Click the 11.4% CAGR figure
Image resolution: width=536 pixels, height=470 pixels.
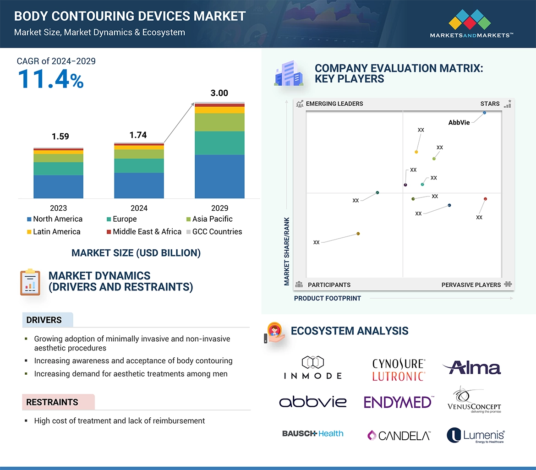point(50,79)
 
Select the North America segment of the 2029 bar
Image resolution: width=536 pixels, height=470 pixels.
point(219,176)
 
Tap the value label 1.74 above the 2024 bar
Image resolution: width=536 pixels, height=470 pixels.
point(138,135)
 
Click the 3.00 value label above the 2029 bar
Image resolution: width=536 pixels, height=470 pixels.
point(219,93)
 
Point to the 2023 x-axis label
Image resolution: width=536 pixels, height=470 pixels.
point(58,208)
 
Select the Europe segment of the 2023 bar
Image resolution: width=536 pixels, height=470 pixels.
point(58,169)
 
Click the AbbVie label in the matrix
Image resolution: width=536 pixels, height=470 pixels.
point(459,122)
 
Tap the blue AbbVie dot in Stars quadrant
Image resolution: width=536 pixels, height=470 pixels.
point(484,113)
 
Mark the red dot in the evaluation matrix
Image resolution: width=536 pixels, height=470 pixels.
point(485,199)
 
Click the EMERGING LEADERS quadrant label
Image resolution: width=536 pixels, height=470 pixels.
point(334,104)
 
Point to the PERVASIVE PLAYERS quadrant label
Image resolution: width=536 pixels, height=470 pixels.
point(471,285)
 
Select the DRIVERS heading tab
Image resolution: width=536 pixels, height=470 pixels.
point(44,320)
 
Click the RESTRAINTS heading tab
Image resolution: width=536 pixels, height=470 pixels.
point(52,402)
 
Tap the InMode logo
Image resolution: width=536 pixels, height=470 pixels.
point(313,368)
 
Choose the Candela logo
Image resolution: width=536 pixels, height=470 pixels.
point(399,435)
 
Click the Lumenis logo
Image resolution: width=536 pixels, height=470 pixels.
point(476,436)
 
